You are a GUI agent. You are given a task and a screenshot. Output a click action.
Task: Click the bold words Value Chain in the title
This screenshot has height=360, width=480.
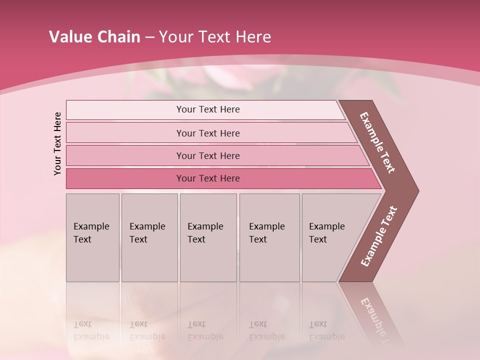94,37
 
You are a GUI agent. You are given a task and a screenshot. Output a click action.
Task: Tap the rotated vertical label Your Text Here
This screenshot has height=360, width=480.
57,143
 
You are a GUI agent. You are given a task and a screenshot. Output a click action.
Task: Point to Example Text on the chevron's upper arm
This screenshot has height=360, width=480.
377,142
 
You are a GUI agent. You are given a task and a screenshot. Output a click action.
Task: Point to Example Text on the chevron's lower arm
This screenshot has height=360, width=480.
378,236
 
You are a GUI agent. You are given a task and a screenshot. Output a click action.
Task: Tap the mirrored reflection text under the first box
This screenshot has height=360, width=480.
91,330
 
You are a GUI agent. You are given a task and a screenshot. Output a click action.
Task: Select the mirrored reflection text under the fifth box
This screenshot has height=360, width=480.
326,330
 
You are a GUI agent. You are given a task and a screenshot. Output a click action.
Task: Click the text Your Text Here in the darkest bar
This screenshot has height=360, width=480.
208,178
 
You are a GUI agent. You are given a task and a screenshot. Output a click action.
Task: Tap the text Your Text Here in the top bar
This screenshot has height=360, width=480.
208,109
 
